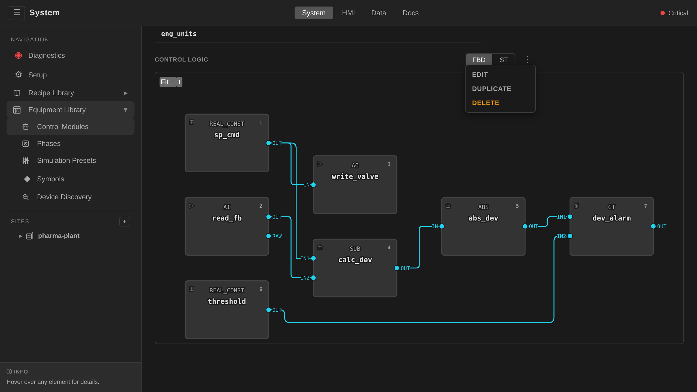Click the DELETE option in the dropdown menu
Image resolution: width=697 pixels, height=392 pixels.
pyautogui.click(x=485, y=103)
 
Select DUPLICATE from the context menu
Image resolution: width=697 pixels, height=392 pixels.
pyautogui.click(x=491, y=89)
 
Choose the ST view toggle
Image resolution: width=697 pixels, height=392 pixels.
pyautogui.click(x=503, y=60)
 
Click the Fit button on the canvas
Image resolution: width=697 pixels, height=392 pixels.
pyautogui.click(x=164, y=82)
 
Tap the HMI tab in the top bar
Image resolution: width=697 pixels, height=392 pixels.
pyautogui.click(x=348, y=13)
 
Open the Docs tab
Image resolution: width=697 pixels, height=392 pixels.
pyautogui.click(x=411, y=13)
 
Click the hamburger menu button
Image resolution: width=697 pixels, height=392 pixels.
pyautogui.click(x=17, y=13)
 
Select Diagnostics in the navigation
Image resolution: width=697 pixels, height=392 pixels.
pyautogui.click(x=47, y=56)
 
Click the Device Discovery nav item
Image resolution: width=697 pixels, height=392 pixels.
pyautogui.click(x=64, y=197)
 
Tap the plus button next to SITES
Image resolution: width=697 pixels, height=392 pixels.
pyautogui.click(x=125, y=221)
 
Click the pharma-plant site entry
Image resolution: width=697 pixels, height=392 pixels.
pyautogui.click(x=59, y=236)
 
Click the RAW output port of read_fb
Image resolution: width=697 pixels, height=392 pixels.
pyautogui.click(x=268, y=236)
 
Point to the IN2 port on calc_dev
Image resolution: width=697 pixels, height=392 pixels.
pyautogui.click(x=313, y=278)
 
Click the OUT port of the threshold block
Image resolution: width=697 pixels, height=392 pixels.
pyautogui.click(x=268, y=310)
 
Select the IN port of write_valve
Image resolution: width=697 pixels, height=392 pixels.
pyautogui.click(x=313, y=185)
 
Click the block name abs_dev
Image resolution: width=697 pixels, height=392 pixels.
pyautogui.click(x=483, y=218)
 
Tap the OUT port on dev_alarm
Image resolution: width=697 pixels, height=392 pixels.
pyautogui.click(x=653, y=226)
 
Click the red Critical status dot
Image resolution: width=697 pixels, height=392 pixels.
pyautogui.click(x=663, y=13)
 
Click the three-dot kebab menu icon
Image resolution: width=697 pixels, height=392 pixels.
pyautogui.click(x=527, y=60)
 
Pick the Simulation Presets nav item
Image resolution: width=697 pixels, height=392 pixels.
pyautogui.click(x=66, y=161)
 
